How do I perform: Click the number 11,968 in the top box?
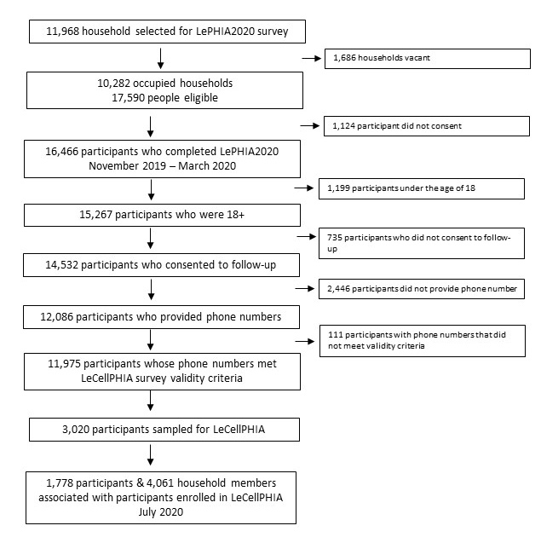tap(63, 32)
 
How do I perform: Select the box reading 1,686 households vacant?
tap(428, 59)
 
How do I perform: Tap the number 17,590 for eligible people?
tap(128, 98)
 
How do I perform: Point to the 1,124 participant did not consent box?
tap(427, 126)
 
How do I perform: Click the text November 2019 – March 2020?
tap(163, 166)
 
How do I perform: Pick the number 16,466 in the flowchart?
tap(61, 152)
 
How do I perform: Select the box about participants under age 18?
tap(422, 188)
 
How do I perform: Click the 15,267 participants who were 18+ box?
tap(163, 215)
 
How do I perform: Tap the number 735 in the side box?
tap(335, 238)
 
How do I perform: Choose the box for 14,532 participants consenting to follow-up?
tap(161, 265)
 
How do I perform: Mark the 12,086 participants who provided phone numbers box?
tap(161, 317)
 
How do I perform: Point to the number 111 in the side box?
tap(336, 334)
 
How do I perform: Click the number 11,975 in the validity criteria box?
tap(64, 364)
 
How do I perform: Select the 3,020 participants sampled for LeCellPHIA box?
tap(164, 430)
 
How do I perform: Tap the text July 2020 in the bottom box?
tap(161, 512)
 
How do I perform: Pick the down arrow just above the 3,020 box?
tap(150, 401)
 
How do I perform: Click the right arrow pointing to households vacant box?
tap(312, 59)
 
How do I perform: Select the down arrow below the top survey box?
tap(161, 59)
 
